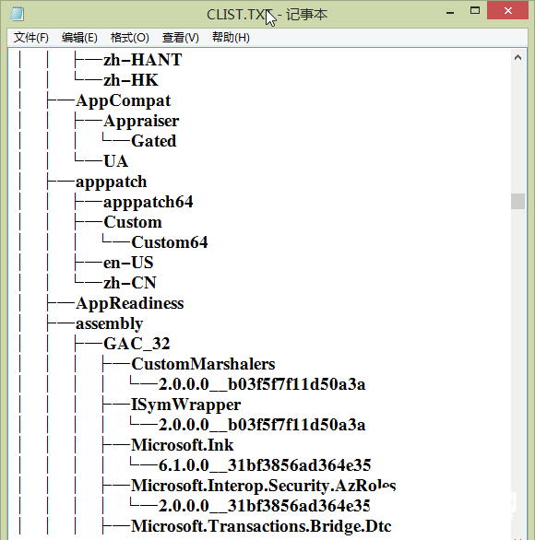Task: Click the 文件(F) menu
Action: [31, 38]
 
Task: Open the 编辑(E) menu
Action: [79, 38]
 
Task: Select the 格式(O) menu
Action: [129, 38]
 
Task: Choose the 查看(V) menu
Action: [180, 38]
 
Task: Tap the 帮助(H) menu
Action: [231, 38]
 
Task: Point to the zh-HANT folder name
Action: [143, 60]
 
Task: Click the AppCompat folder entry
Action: [124, 100]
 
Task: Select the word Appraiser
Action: [141, 121]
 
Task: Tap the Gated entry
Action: [154, 141]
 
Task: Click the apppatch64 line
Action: [149, 202]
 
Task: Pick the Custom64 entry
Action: [170, 242]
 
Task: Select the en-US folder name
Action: [128, 263]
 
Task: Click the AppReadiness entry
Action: [130, 303]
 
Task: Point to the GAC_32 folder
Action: [137, 344]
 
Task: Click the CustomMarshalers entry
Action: [203, 364]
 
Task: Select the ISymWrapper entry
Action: [185, 405]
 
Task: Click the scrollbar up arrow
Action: [518, 56]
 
